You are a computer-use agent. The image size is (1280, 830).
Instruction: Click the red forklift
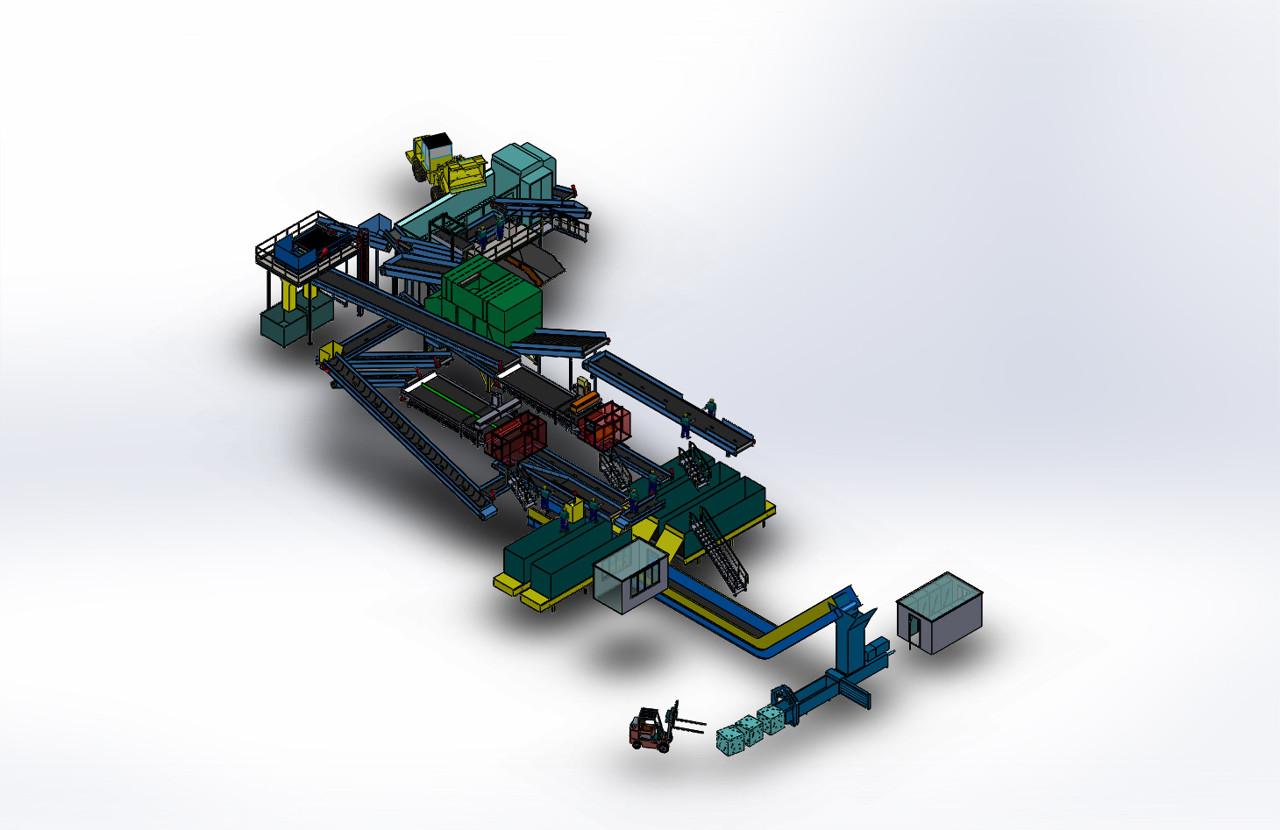[649, 730]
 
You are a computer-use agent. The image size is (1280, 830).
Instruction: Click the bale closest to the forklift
[729, 741]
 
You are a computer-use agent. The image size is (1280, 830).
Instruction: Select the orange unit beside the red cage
[585, 404]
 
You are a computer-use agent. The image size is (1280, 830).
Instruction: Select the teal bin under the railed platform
[281, 326]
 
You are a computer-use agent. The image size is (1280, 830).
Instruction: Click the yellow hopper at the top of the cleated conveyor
[331, 352]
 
